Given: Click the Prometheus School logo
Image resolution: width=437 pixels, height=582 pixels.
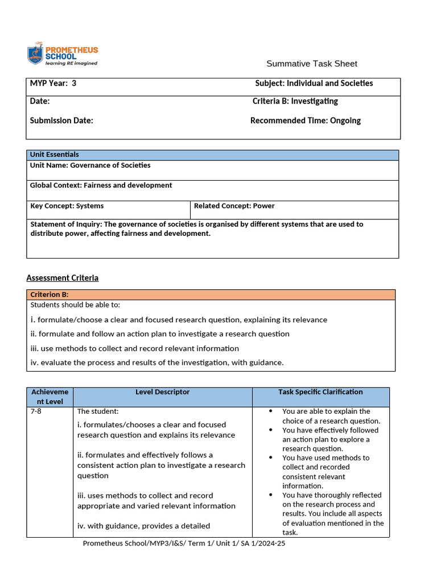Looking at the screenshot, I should point(63,54).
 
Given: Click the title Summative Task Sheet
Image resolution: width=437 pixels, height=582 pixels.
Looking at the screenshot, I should point(312,64).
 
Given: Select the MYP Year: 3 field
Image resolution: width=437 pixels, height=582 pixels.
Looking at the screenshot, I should point(53,84).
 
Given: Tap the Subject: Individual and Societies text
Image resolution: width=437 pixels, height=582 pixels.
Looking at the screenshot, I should point(314,84).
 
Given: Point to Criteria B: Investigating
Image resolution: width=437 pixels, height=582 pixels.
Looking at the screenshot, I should point(295,101).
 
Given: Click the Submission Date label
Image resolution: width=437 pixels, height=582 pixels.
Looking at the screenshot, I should point(61,120).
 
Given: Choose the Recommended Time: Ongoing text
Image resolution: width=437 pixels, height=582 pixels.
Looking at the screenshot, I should point(305,120).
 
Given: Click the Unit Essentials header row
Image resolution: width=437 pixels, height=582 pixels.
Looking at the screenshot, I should point(212,155).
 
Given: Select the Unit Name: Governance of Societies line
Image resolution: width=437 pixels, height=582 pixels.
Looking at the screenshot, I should point(90,165).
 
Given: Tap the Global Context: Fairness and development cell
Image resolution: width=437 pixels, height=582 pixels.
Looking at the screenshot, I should point(101,185).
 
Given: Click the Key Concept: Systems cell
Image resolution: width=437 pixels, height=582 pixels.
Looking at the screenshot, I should point(67,206).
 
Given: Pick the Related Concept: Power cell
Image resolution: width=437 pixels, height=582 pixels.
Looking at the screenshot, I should point(234,206).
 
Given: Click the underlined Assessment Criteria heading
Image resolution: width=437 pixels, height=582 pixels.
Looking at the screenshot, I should point(63,278).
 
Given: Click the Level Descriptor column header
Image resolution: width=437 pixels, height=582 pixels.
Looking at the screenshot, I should point(163,392).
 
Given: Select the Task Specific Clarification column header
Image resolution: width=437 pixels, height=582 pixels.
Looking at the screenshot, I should point(320,392).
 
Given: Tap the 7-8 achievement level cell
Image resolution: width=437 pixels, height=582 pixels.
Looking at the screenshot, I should point(36,411).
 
